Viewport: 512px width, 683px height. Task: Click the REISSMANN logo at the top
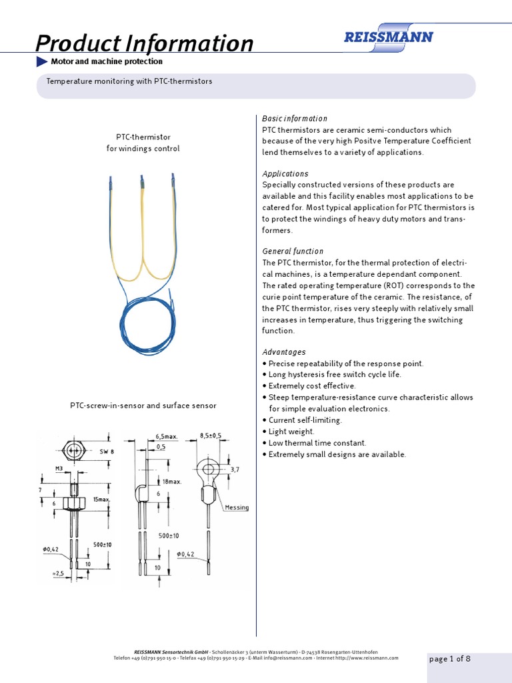(388, 37)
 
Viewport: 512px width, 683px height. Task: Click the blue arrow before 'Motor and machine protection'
(41, 61)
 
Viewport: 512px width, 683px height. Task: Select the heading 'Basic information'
(295, 118)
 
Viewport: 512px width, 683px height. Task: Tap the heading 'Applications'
(285, 173)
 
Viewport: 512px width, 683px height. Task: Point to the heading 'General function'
(293, 251)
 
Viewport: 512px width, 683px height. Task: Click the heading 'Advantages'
(284, 352)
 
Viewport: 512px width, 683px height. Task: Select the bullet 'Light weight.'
(291, 432)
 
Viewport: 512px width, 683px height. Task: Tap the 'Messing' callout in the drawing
(237, 508)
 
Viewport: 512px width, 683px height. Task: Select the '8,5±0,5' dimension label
(211, 436)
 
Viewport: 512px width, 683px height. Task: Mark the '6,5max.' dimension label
(167, 436)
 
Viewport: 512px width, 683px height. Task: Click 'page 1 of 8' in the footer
(450, 659)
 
